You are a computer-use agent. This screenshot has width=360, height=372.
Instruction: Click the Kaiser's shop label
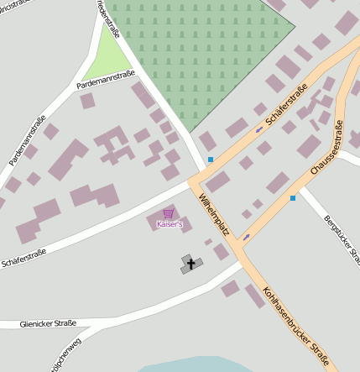(169, 224)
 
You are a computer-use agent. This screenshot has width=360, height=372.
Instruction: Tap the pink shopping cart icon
(169, 214)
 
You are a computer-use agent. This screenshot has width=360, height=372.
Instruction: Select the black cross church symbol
(190, 265)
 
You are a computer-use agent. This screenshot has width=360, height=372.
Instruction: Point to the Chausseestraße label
(326, 149)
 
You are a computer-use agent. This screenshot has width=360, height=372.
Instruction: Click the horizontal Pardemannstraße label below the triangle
(105, 81)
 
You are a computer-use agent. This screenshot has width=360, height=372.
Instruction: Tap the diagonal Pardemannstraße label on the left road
(28, 139)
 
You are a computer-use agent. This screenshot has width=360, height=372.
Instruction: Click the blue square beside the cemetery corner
(210, 160)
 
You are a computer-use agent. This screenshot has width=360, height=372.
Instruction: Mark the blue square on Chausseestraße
(292, 198)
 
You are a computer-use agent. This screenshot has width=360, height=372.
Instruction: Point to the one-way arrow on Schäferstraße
(258, 130)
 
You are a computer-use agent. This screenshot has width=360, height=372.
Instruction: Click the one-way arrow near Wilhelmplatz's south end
(246, 237)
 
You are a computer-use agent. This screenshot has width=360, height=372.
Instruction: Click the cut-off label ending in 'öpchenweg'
(65, 357)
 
